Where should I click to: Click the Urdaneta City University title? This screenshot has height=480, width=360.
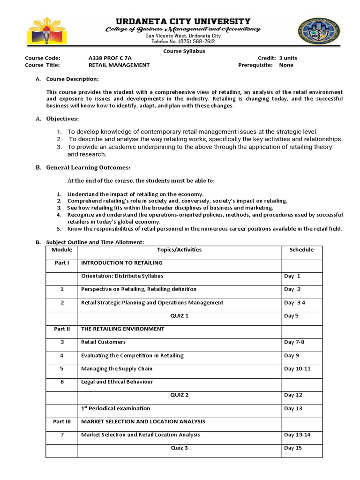(182, 22)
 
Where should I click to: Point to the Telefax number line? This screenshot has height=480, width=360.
(183, 42)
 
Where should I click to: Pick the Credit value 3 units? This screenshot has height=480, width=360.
(288, 58)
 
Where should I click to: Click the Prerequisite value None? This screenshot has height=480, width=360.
(286, 65)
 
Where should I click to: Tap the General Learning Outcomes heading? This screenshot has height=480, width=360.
(88, 167)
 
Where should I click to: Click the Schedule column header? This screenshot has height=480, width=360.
(301, 250)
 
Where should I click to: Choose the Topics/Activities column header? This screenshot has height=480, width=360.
(179, 250)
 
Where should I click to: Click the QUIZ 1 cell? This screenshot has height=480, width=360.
(179, 316)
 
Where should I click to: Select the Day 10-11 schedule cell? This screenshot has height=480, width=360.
(297, 369)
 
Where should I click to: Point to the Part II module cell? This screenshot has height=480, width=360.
(62, 329)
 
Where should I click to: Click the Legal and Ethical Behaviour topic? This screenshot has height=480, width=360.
(117, 382)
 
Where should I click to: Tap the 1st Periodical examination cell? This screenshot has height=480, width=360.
(116, 408)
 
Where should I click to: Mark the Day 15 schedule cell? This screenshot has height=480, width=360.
(292, 448)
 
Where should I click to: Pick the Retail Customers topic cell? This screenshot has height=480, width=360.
(104, 342)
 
